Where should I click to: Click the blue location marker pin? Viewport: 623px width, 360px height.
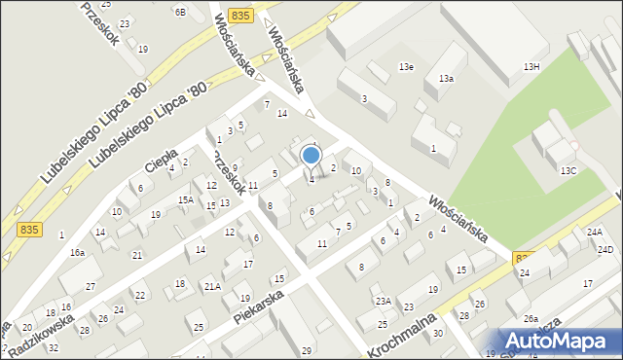coord(311,156)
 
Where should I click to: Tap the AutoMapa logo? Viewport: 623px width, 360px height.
coord(562,341)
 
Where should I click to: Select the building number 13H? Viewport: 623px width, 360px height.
coord(531,66)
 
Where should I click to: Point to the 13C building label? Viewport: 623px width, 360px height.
coord(568,170)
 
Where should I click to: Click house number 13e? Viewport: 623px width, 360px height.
coord(406,66)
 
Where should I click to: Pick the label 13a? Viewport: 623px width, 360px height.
coord(446,78)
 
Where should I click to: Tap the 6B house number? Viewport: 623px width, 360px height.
coord(180,12)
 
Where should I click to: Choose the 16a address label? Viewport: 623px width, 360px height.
coord(77,252)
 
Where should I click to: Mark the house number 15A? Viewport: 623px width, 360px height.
coord(185,199)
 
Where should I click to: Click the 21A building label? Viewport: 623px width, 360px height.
coord(211,286)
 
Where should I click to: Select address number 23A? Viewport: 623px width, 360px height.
coord(384,301)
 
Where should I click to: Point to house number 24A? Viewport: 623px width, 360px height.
coord(594,232)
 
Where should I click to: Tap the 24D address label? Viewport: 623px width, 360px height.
coord(605,249)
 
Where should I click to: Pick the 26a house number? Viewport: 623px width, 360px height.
coord(531,318)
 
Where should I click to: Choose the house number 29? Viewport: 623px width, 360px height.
coord(307,350)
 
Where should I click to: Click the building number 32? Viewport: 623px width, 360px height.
coord(54,347)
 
